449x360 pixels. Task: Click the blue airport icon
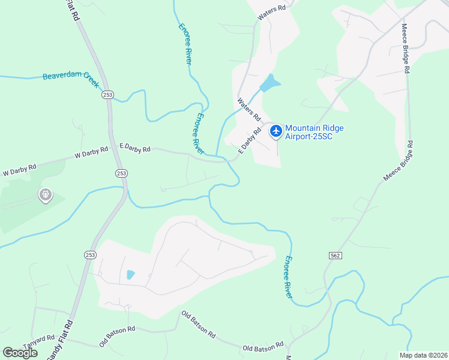pyautogui.click(x=276, y=131)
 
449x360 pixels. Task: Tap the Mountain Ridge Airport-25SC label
pyautogui.click(x=309, y=132)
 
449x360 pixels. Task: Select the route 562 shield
pyautogui.click(x=336, y=256)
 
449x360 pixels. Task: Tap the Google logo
pyautogui.click(x=20, y=353)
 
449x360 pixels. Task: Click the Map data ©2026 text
pyautogui.click(x=423, y=355)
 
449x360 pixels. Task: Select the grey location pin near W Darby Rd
pyautogui.click(x=46, y=194)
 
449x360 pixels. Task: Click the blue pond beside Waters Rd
pyautogui.click(x=271, y=83)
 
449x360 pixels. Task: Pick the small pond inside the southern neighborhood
pyautogui.click(x=130, y=275)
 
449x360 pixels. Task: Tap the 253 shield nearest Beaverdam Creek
pyautogui.click(x=107, y=94)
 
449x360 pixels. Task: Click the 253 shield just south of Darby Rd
pyautogui.click(x=121, y=173)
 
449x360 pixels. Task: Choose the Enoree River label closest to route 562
pyautogui.click(x=289, y=277)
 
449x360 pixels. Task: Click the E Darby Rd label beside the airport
pyautogui.click(x=250, y=140)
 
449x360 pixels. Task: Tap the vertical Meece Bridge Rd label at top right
pyautogui.click(x=406, y=48)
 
